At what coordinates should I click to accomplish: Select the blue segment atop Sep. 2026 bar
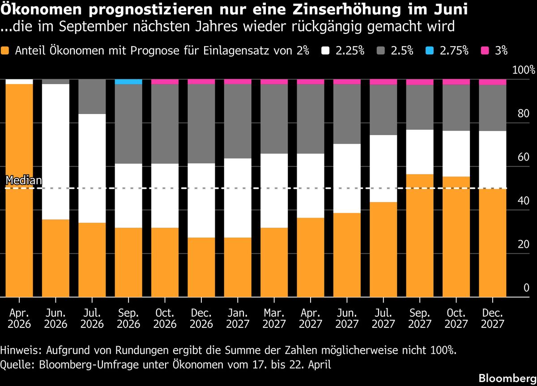pos(128,82)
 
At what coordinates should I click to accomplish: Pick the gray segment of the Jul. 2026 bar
pos(92,97)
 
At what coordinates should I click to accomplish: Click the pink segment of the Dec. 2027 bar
pos(493,82)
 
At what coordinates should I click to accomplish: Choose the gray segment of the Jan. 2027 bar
pos(238,121)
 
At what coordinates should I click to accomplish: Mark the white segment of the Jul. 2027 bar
pos(384,168)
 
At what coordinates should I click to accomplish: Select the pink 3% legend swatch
pos(486,51)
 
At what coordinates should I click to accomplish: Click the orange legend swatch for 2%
pos(5,51)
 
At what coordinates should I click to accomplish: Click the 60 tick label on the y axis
pos(523,157)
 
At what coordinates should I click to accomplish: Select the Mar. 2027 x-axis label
pos(274,318)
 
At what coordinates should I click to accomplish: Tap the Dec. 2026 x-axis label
pos(201,318)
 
